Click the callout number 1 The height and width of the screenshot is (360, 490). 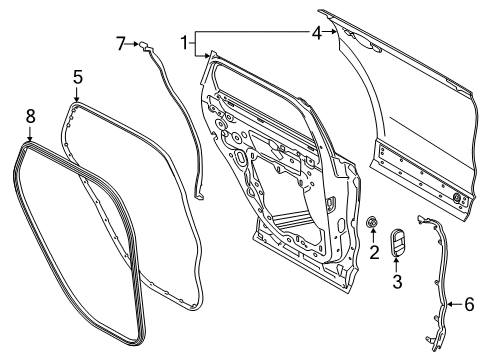(x=184, y=42)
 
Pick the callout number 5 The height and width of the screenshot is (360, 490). (x=78, y=75)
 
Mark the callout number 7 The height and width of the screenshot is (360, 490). (x=121, y=43)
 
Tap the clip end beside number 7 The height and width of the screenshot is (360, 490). (x=146, y=44)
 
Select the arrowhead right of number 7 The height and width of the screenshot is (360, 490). (x=135, y=43)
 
